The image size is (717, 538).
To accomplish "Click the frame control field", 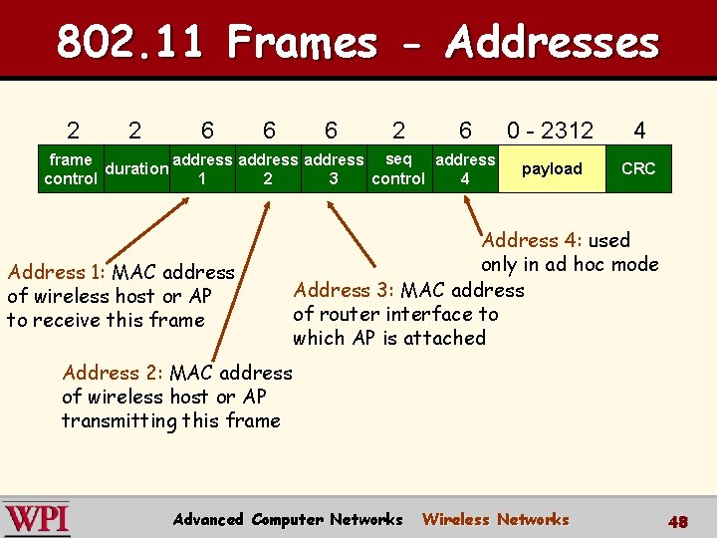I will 70,168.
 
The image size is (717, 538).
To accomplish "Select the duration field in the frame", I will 136,168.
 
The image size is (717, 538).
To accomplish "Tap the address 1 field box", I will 202,168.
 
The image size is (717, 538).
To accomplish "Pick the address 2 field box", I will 268,168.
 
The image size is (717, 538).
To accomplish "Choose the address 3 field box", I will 333,168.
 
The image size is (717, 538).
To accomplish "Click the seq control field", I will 398,168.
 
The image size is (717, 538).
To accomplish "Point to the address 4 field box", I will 465,168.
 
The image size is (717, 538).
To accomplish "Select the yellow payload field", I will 552,168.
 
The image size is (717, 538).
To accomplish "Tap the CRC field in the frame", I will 638,168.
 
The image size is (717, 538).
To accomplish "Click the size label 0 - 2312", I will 550,131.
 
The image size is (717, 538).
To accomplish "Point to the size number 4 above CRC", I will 639,131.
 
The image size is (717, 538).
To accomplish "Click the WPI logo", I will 37,519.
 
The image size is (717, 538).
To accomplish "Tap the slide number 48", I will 678,521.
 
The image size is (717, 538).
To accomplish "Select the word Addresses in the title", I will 553,43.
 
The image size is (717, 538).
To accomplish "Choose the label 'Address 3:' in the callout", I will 345,290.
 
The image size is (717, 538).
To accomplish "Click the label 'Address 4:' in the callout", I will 533,240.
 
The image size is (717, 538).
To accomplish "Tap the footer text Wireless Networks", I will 495,519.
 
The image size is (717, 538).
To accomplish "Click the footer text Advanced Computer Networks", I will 288,519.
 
